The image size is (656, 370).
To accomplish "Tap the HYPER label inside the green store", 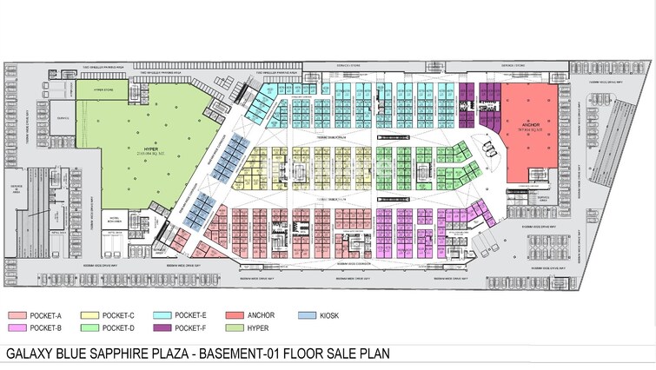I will point(146,150).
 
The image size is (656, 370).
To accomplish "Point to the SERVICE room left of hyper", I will point(63,118).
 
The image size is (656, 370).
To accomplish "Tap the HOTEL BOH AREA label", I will point(113,220).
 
